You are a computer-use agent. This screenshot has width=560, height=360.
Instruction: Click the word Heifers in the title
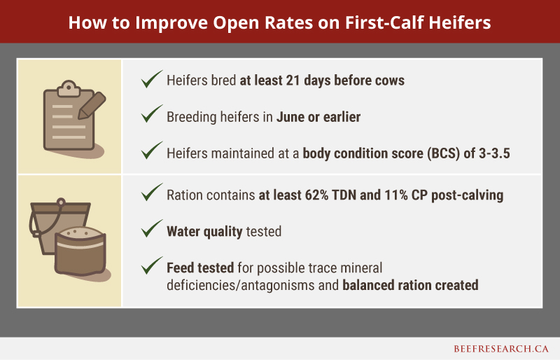459,22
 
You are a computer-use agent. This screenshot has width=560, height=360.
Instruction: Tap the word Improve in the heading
171,23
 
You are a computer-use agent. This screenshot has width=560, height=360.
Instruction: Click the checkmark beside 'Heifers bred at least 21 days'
152,79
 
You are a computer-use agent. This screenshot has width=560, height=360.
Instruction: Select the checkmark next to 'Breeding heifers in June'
152,114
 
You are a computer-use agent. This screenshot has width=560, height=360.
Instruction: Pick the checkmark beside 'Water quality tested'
152,229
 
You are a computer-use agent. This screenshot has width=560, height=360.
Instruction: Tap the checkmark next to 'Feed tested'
152,265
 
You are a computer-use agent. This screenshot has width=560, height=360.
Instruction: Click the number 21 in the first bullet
293,81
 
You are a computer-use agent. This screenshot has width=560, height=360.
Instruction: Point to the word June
290,117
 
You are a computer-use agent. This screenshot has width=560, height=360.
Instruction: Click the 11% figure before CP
396,195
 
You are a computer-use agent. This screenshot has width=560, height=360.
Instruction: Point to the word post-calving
467,195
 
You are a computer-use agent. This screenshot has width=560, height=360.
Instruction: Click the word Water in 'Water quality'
183,231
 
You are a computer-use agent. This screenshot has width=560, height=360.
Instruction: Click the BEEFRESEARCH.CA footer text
501,349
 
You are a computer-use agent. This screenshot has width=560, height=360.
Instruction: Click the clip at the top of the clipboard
69,89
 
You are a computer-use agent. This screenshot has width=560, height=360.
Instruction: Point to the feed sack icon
80,252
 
